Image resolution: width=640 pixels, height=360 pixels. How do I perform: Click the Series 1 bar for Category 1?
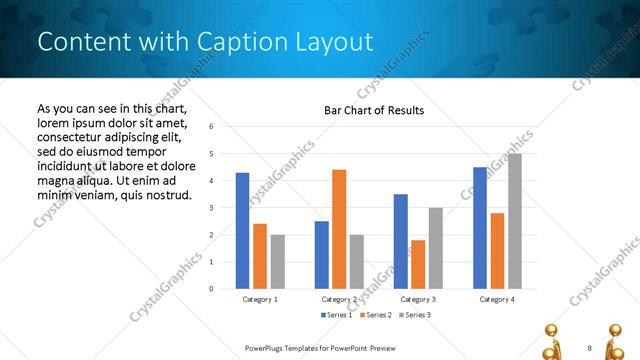(242, 230)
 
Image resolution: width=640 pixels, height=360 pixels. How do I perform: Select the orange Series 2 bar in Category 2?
(339, 229)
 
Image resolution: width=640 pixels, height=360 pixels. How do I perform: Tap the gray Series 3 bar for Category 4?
(515, 221)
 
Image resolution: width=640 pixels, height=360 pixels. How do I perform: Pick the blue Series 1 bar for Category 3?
(400, 241)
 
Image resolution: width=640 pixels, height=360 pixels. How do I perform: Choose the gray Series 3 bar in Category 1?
(277, 261)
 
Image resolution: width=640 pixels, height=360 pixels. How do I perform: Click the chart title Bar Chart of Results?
(374, 110)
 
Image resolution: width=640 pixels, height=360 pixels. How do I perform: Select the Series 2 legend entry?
(375, 315)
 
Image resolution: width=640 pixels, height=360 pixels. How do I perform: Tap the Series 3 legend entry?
(414, 315)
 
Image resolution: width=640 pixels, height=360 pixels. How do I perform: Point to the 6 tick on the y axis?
(211, 127)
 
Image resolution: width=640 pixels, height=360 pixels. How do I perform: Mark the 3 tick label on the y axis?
(211, 208)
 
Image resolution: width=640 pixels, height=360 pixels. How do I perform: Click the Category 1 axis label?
(260, 299)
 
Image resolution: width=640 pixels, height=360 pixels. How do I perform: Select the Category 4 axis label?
(497, 299)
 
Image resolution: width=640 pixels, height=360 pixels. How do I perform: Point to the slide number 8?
(589, 347)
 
